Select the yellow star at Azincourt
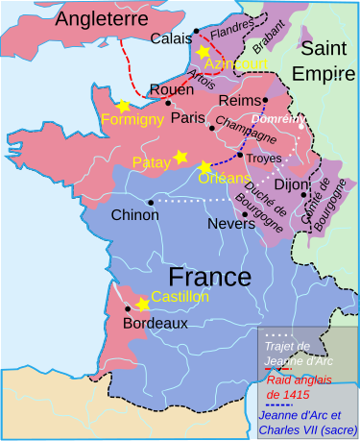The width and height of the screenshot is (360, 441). tap(204, 51)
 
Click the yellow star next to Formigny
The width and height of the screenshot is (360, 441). tap(122, 106)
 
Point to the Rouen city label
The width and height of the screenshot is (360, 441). tap(144, 96)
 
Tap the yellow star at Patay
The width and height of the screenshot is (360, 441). tap(180, 156)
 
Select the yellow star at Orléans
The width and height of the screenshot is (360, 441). tap(204, 167)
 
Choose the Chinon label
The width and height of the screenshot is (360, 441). tap(135, 215)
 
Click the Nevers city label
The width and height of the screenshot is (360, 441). tap(230, 224)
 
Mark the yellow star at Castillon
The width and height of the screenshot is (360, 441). tap(143, 304)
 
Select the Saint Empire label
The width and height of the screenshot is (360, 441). tap(326, 61)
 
